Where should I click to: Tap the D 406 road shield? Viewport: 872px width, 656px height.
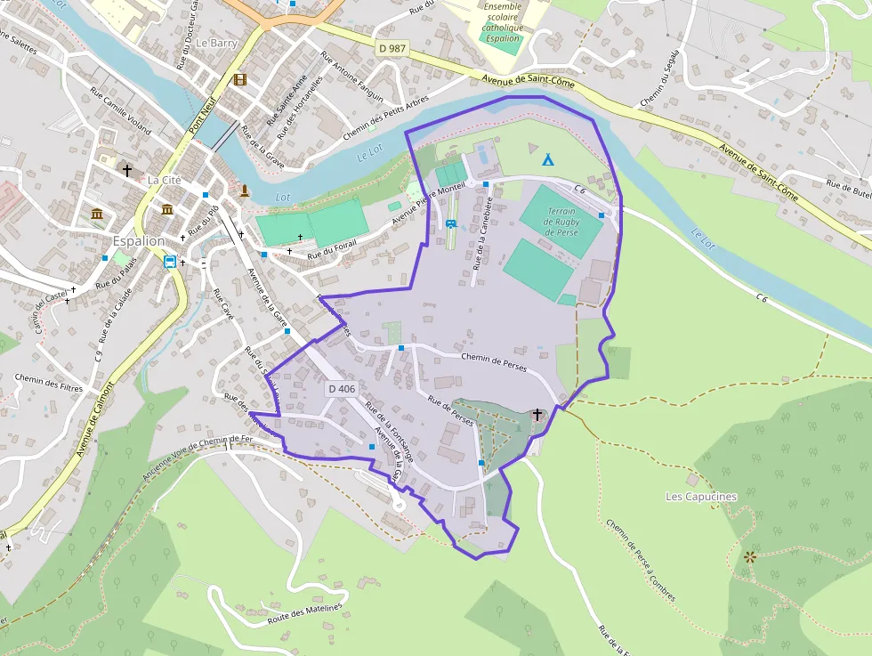click(x=342, y=389)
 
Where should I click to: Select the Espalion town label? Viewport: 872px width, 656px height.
click(x=139, y=241)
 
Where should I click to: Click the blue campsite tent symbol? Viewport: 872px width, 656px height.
click(x=548, y=160)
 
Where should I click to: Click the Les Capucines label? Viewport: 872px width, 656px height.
click(x=701, y=496)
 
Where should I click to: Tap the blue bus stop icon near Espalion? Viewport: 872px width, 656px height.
click(x=169, y=262)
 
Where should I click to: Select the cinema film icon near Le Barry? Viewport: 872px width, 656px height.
click(x=239, y=79)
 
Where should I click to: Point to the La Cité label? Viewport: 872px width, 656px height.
click(x=165, y=180)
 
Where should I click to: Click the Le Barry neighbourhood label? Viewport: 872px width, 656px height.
click(x=216, y=42)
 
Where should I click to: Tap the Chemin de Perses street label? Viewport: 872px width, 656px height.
click(x=494, y=361)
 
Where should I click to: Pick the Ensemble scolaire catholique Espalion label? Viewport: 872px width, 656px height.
click(x=502, y=23)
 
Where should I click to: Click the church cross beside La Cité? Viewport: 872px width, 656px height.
click(x=127, y=169)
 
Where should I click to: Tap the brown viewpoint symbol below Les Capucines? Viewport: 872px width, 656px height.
click(x=749, y=557)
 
